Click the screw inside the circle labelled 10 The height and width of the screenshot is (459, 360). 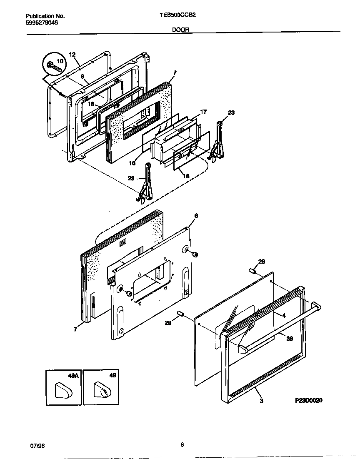point(54,65)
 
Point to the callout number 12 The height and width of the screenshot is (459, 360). point(72,55)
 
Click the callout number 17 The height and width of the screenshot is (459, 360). point(203,112)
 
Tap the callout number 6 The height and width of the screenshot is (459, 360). point(196,216)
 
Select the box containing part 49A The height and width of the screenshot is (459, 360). point(63,387)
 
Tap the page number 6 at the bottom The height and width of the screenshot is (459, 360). point(182,444)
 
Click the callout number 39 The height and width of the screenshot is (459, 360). point(290,339)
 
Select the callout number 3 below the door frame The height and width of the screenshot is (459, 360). point(261,401)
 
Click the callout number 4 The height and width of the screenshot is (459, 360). point(284,316)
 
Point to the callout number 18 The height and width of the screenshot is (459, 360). point(91,105)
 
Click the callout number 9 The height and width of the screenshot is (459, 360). point(82,77)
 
